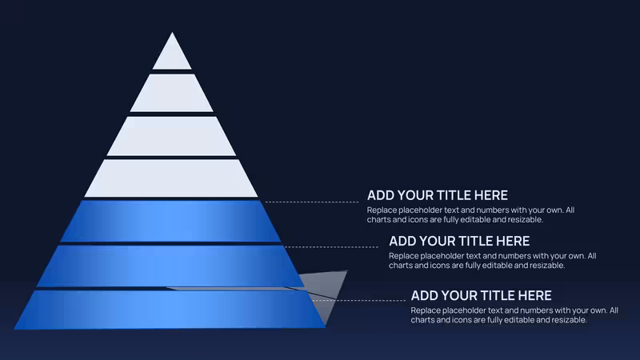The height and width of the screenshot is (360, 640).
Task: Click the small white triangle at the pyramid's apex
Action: [x=172, y=55]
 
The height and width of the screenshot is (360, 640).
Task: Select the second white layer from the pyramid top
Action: [x=172, y=93]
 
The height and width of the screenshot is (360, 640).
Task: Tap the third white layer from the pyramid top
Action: [x=172, y=136]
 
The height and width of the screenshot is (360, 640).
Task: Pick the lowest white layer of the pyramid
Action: [x=171, y=178]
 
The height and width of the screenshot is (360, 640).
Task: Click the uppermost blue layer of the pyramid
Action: [x=170, y=221]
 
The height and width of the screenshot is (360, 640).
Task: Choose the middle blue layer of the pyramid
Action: [x=170, y=266]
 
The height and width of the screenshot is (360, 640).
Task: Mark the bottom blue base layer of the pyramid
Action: [x=170, y=310]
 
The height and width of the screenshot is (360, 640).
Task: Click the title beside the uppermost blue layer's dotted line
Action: [x=438, y=195]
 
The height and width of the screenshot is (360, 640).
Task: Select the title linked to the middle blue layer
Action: [x=459, y=241]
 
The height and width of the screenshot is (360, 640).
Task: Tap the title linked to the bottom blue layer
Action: [x=482, y=295]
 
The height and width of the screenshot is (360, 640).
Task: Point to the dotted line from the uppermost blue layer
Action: [x=312, y=202]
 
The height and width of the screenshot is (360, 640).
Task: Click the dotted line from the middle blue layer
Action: [x=331, y=246]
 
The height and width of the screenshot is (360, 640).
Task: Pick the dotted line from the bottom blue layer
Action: [x=358, y=301]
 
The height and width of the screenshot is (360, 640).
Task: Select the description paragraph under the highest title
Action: [x=470, y=214]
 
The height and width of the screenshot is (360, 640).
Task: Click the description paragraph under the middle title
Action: [x=493, y=261]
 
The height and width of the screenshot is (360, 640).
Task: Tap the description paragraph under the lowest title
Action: [x=514, y=314]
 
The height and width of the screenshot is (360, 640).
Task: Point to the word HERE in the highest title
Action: [x=491, y=195]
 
